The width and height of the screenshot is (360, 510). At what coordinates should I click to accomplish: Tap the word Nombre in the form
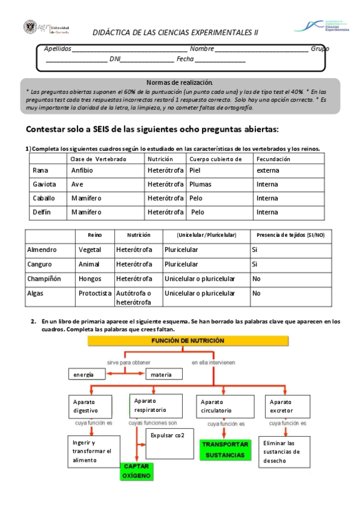(202, 49)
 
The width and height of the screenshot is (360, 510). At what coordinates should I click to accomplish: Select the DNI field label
(115, 59)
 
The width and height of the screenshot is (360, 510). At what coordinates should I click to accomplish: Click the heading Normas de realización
(180, 82)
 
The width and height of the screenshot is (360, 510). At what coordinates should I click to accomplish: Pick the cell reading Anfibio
(82, 170)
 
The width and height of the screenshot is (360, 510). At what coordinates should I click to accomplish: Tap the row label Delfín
(41, 212)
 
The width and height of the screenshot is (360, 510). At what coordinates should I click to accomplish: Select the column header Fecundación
(273, 159)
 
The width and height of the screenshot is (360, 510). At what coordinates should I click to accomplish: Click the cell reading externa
(267, 170)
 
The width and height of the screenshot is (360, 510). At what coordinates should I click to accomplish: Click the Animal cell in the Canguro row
(88, 264)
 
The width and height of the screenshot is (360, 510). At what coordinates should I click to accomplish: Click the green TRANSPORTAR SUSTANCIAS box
(225, 450)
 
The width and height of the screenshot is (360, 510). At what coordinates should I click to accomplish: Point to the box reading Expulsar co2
(168, 435)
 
